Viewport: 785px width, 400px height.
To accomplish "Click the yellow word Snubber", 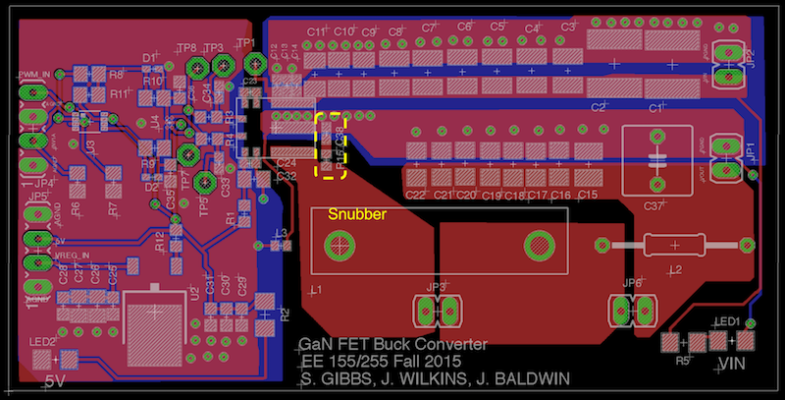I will point(349,213).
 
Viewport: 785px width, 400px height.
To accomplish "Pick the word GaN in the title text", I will point(314,345).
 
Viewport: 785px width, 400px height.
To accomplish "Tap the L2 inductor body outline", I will point(673,244).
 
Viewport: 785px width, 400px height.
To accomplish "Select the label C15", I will point(587,196).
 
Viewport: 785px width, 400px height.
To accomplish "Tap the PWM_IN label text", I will point(35,75).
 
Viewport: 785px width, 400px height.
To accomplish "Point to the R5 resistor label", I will point(683,360).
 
